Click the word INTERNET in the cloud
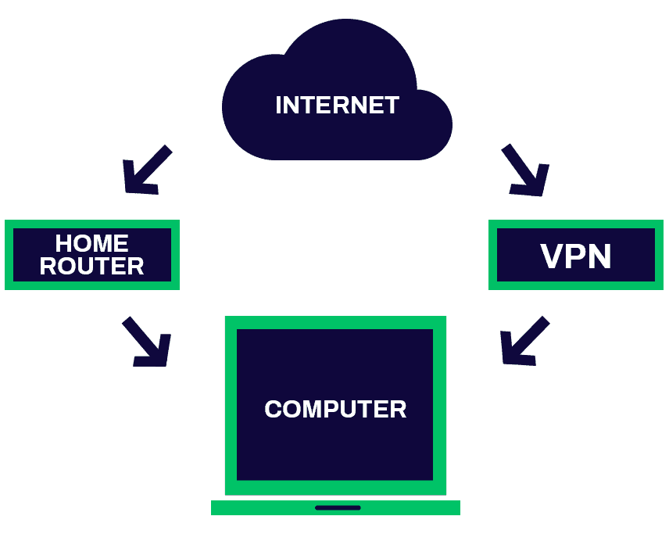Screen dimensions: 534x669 pos(337,105)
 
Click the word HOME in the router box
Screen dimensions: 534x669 pos(91,243)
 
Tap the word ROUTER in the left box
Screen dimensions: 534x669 pos(91,266)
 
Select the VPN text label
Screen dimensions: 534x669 pos(576,256)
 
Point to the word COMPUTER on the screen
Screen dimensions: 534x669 pos(335,409)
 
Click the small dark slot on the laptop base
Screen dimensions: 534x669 pos(338,507)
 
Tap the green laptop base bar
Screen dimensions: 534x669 pos(250,507)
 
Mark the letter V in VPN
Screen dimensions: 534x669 pos(552,256)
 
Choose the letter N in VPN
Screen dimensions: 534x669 pos(599,256)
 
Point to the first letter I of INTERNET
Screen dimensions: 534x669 pos(279,105)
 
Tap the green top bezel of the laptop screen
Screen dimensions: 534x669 pos(335,322)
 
